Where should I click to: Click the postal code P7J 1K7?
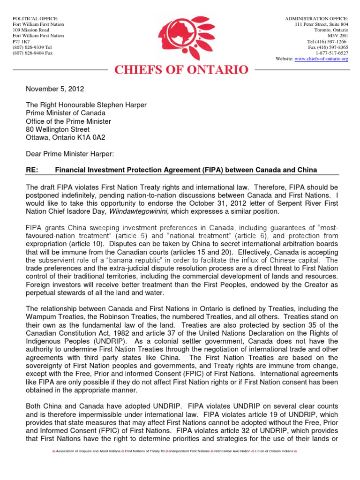pos(22,41)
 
